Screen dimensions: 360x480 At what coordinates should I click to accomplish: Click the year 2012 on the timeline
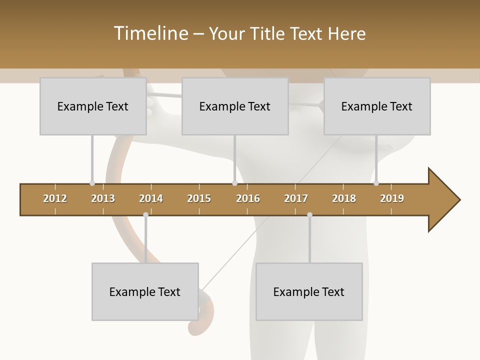pyautogui.click(x=55, y=198)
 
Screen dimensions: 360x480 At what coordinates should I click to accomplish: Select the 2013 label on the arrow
pyautogui.click(x=103, y=198)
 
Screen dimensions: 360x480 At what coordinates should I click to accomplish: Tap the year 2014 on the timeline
pyautogui.click(x=151, y=198)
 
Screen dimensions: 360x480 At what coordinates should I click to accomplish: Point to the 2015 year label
pyautogui.click(x=199, y=198)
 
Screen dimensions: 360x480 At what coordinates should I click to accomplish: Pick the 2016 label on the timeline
pyautogui.click(x=248, y=198)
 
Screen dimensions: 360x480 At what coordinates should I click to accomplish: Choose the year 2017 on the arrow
pyautogui.click(x=296, y=198)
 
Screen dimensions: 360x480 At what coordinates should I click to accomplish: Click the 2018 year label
pyautogui.click(x=344, y=198)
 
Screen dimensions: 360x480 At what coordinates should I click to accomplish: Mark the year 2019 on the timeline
pyautogui.click(x=392, y=198)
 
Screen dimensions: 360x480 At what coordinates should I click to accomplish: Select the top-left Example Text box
pyautogui.click(x=93, y=106)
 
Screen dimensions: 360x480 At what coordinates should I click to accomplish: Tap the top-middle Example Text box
pyautogui.click(x=235, y=106)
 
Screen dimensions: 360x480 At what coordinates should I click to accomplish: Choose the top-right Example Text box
pyautogui.click(x=377, y=106)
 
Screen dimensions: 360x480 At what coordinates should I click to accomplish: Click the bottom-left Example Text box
pyautogui.click(x=145, y=291)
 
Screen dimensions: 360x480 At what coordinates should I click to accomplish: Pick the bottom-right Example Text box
pyautogui.click(x=309, y=291)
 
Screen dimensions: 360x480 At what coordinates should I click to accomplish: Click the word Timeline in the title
pyautogui.click(x=149, y=33)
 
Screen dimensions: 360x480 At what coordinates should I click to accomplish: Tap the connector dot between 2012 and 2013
pyautogui.click(x=92, y=183)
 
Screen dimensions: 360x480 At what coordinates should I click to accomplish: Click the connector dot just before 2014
pyautogui.click(x=145, y=214)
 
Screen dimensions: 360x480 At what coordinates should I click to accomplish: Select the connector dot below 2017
pyautogui.click(x=309, y=214)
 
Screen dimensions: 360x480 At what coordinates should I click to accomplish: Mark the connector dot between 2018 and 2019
pyautogui.click(x=376, y=183)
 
